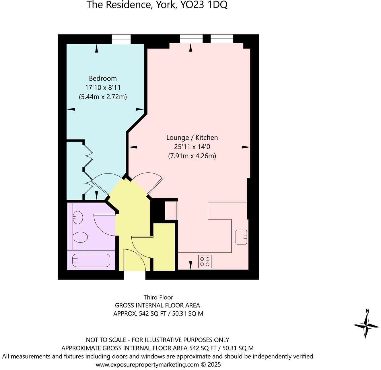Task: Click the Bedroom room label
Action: pyautogui.click(x=103, y=78)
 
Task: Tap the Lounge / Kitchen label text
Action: pyautogui.click(x=192, y=138)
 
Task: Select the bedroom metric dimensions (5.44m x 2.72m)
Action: pyautogui.click(x=103, y=97)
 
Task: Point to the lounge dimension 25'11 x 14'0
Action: pyautogui.click(x=192, y=147)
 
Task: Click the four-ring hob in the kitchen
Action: pyautogui.click(x=205, y=261)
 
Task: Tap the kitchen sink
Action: pyautogui.click(x=241, y=237)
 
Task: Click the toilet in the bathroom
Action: pyautogui.click(x=81, y=238)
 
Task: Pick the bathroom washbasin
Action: pyautogui.click(x=78, y=217)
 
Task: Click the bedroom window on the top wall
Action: pyautogui.click(x=121, y=39)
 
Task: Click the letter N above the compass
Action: pyautogui.click(x=367, y=311)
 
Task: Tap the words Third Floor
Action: pyautogui.click(x=158, y=297)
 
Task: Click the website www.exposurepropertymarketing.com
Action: pyautogui.click(x=147, y=365)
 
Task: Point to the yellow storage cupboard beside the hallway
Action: pyautogui.click(x=164, y=247)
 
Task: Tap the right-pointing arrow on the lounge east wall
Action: pyautogui.click(x=246, y=147)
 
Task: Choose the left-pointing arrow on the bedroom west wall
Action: pyautogui.click(x=71, y=109)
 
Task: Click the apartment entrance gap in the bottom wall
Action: pyautogui.click(x=135, y=275)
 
